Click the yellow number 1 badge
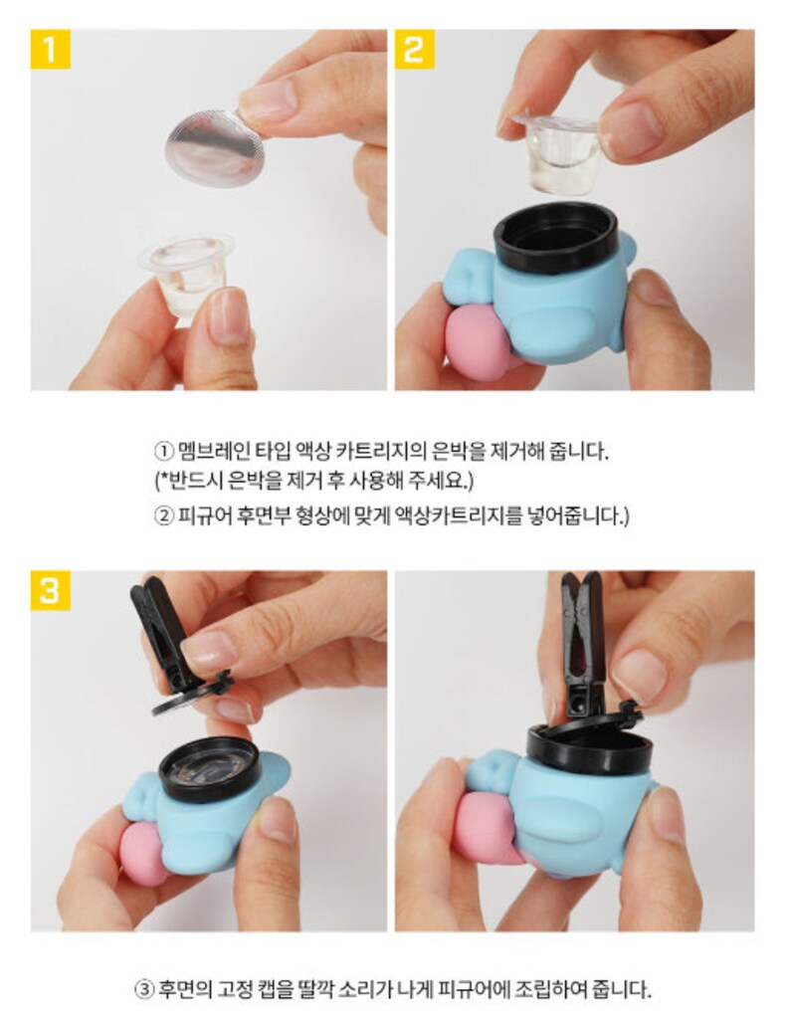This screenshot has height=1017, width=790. coord(50,50)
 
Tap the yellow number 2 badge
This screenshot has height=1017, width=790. coord(415,50)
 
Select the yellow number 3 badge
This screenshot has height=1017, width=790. coord(50,590)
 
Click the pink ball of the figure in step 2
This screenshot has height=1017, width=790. coord(479,345)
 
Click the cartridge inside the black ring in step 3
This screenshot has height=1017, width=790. coord(209,768)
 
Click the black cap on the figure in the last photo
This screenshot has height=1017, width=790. coord(589,747)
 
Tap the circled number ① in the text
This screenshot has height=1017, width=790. coord(163,451)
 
